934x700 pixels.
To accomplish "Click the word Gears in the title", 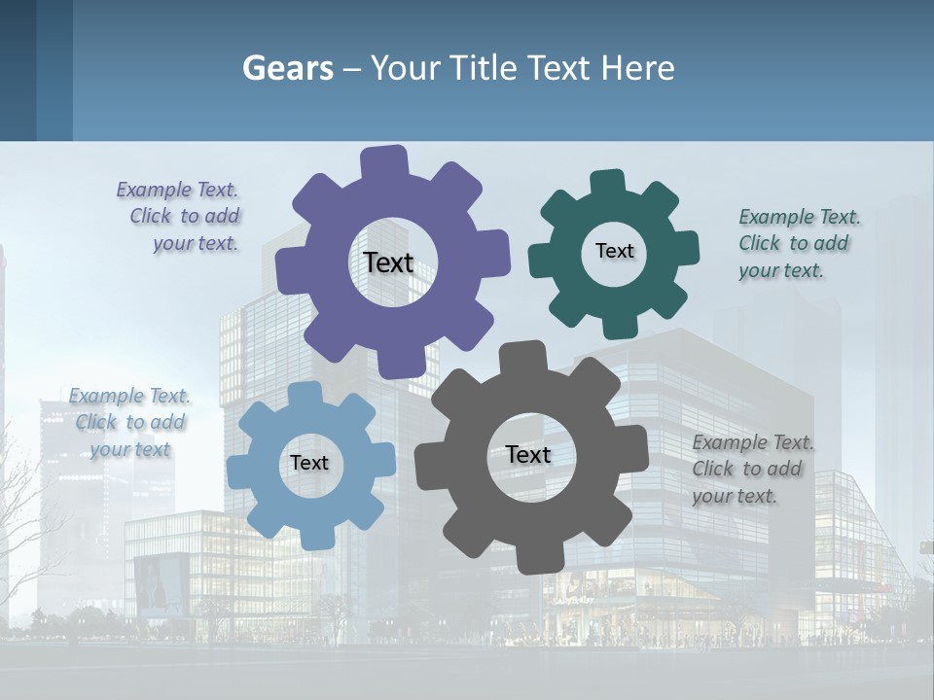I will click(287, 68).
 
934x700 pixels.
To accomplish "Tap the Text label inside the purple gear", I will click(388, 262).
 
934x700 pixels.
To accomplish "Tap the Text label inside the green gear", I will click(614, 251).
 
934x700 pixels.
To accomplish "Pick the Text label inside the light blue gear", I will click(309, 463).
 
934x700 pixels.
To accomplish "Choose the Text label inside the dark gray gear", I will click(528, 454).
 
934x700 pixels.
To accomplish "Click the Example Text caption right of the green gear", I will click(798, 244).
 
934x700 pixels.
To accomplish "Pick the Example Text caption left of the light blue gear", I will click(129, 422).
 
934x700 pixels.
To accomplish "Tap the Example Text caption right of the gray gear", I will click(752, 469).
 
